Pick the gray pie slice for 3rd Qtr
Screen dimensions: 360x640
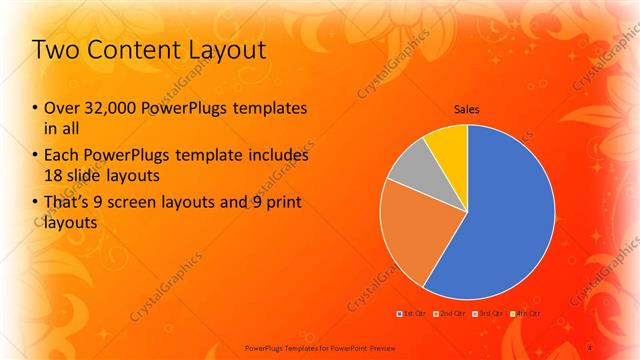407,169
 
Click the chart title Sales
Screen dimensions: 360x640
467,108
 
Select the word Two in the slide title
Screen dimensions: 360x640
55,50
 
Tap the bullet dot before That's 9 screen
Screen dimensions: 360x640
36,204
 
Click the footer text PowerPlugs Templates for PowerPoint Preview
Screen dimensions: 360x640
320,348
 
